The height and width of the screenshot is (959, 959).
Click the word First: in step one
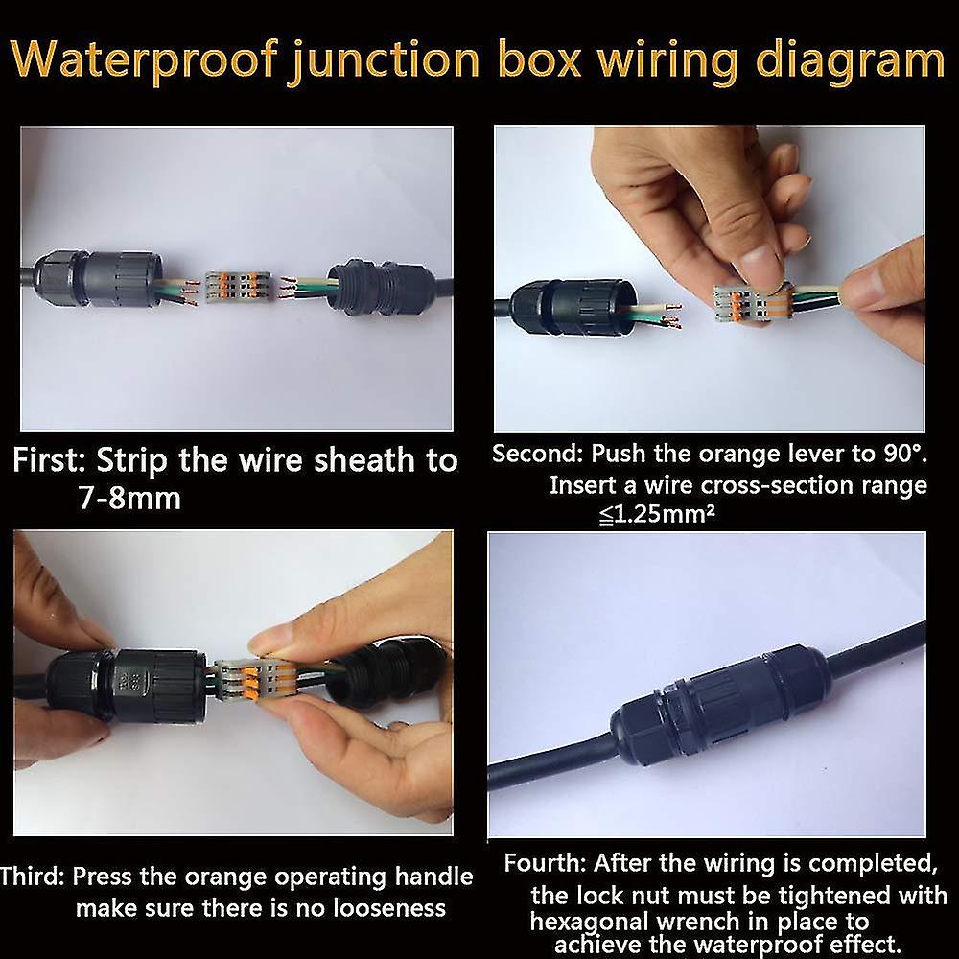pyautogui.click(x=50, y=460)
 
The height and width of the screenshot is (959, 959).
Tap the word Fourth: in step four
pyautogui.click(x=545, y=862)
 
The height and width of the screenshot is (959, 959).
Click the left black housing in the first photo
pyautogui.click(x=96, y=280)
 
